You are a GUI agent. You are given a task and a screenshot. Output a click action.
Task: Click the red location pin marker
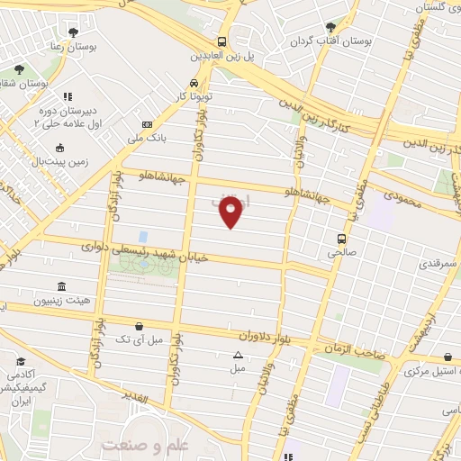(x=231, y=212)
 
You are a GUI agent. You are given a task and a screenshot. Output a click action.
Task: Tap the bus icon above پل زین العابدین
(x=221, y=41)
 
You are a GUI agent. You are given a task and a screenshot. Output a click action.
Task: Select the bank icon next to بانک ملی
(x=147, y=124)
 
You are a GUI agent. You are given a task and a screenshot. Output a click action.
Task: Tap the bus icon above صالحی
(x=341, y=239)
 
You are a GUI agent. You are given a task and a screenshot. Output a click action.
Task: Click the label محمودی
(x=402, y=200)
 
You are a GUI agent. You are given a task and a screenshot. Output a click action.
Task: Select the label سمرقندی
(x=438, y=266)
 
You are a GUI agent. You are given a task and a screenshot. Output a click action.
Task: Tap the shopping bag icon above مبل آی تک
(x=138, y=326)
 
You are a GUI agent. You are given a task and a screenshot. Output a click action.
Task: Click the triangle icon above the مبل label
(x=237, y=355)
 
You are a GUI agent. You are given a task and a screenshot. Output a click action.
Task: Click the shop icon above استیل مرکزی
(x=447, y=357)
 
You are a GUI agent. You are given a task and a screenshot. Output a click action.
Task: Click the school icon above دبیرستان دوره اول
(x=66, y=95)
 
